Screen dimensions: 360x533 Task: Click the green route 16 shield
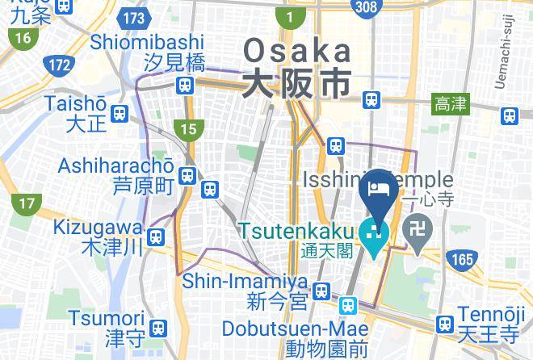tap(22, 38)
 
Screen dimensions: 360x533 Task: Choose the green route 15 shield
tap(188, 128)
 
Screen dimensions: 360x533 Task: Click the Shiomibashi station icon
tap(187, 84)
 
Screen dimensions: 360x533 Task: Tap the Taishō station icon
tap(120, 114)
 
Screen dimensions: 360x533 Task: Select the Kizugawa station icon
tap(157, 237)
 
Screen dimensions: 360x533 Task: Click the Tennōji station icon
tap(443, 324)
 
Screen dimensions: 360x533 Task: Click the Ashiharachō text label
tap(116, 165)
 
